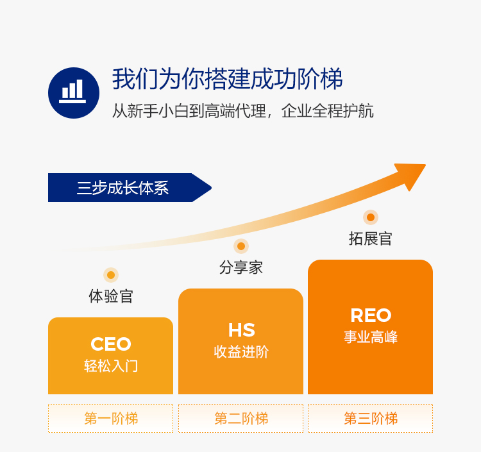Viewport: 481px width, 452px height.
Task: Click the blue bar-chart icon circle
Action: click(74, 93)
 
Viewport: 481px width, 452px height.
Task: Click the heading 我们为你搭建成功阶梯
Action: click(227, 79)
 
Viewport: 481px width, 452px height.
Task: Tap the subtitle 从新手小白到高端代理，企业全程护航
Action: click(242, 110)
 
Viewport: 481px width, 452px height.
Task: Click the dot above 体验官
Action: click(111, 275)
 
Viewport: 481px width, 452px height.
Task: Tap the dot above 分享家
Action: click(241, 246)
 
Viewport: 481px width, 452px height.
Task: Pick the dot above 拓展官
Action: click(370, 217)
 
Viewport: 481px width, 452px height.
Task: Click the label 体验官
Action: click(111, 296)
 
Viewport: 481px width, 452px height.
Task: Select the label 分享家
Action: click(241, 267)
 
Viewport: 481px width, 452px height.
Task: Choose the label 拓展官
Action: click(370, 239)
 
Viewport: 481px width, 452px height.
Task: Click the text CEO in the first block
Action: click(111, 344)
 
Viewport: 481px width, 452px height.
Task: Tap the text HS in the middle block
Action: click(241, 330)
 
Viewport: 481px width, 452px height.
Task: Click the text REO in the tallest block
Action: click(370, 315)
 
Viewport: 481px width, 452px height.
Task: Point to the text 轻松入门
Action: click(111, 366)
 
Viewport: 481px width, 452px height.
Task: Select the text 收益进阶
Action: click(241, 352)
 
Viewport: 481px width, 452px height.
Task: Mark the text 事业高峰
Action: click(370, 337)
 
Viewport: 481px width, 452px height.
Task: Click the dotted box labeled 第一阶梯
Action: click(111, 419)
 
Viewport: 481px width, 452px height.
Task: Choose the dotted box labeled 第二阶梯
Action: click(241, 419)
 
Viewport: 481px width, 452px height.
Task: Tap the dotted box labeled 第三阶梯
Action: click(370, 419)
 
